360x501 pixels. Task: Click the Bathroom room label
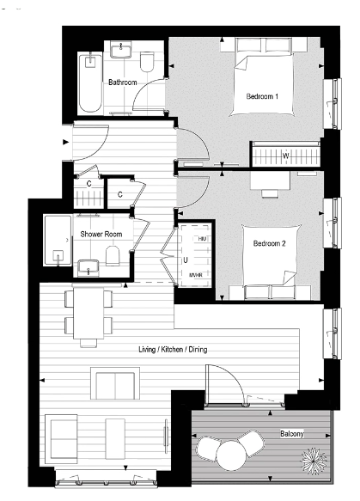coord(123,82)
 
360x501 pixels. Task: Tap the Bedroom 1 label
coord(262,95)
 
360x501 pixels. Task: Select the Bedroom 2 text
coord(269,243)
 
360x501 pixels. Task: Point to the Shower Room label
coord(101,234)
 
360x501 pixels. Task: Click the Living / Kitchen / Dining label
coord(172,350)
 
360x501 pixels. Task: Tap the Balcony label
coord(290,434)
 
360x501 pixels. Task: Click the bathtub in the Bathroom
coord(89,83)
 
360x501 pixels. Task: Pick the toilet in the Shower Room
coord(113,255)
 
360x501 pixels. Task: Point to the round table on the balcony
coord(231,455)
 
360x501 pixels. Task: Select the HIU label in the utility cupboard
coord(202,236)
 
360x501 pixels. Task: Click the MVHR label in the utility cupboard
coord(197,275)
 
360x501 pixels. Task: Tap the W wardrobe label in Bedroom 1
coord(285,156)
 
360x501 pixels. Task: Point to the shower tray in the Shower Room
coord(59,239)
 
